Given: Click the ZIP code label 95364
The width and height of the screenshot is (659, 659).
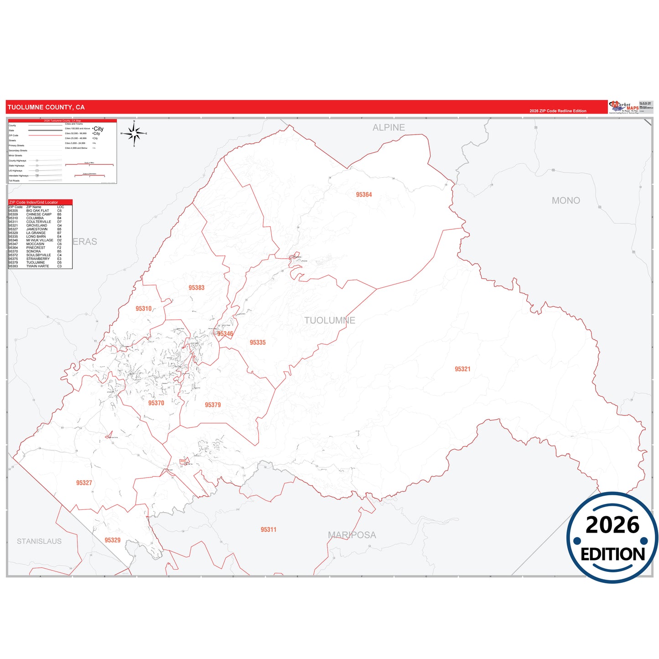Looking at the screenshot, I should (364, 195).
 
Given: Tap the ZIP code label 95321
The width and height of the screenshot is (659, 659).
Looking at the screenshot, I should (462, 369).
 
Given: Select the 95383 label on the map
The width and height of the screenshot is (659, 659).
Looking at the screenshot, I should (197, 288).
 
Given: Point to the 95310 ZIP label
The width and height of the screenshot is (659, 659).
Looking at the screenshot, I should (144, 309).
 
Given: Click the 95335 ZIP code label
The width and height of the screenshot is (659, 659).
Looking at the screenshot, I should (258, 342).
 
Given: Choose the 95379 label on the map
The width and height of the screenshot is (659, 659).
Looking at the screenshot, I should (213, 405).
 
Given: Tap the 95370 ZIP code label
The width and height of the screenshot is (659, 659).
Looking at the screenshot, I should (156, 403).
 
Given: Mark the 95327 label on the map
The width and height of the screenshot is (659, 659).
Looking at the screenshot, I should (84, 483).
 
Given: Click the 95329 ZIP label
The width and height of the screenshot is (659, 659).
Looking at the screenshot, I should (113, 540).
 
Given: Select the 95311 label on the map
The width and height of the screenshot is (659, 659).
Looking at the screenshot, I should (269, 529).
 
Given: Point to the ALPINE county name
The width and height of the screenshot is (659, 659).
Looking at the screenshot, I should (389, 128).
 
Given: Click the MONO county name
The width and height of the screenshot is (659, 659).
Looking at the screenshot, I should (566, 201).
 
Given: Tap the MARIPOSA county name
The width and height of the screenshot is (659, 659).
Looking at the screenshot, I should (352, 535).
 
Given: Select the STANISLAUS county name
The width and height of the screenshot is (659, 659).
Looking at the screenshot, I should (39, 541).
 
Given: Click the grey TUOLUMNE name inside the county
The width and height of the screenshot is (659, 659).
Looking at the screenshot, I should (330, 321).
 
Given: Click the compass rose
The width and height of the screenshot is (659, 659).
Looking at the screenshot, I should (134, 134).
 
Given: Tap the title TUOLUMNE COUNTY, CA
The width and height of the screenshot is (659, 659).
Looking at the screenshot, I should (46, 108).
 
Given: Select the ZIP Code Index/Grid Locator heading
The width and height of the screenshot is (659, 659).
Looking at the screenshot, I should (34, 202).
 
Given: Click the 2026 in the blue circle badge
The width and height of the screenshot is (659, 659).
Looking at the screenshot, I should (612, 525).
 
